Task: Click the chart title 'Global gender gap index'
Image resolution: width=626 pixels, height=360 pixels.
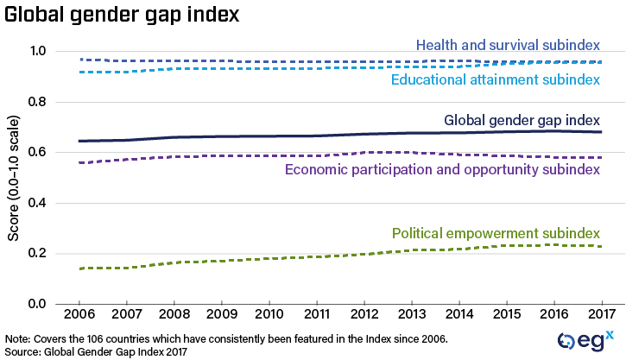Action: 122,16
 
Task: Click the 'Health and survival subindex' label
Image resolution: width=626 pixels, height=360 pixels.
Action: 508,45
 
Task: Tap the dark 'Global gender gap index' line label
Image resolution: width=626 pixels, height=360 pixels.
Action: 522,120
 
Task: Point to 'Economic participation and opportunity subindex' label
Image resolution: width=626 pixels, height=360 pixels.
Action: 441,169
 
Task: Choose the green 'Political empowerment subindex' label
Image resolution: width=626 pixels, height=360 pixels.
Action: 496,233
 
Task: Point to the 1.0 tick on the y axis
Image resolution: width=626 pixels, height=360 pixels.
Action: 36,52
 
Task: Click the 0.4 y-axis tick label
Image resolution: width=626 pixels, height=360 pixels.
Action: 36,203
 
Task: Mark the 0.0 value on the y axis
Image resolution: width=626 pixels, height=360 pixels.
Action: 36,304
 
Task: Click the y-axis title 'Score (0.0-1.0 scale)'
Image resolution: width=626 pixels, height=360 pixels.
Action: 12,177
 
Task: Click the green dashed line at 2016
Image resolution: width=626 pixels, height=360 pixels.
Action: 553,245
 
